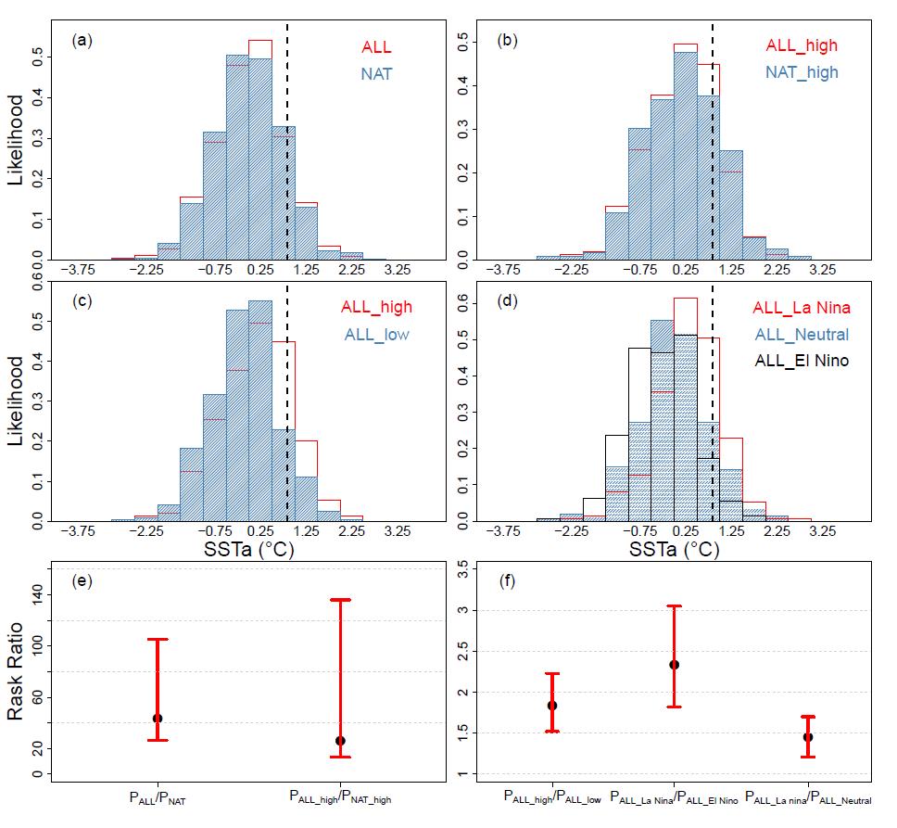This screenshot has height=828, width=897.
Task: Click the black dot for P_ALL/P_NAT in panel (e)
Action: [x=158, y=718]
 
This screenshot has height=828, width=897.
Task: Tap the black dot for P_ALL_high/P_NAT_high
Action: [x=340, y=740]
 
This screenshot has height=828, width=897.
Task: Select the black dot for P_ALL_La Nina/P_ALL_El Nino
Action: [x=675, y=664]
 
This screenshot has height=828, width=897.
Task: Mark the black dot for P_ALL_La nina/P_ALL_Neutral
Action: [x=808, y=737]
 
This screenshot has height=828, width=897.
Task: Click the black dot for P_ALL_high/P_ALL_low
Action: [x=552, y=706]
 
